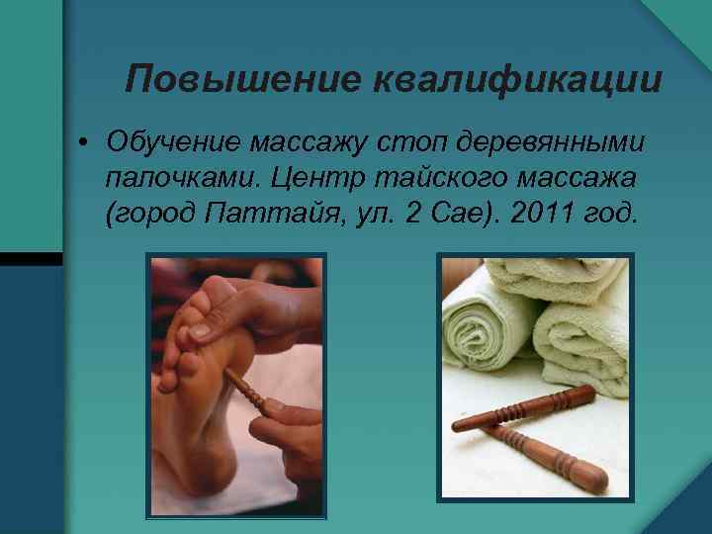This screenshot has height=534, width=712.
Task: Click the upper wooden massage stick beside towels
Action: (x=524, y=409)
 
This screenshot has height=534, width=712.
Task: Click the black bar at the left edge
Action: (x=31, y=258)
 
